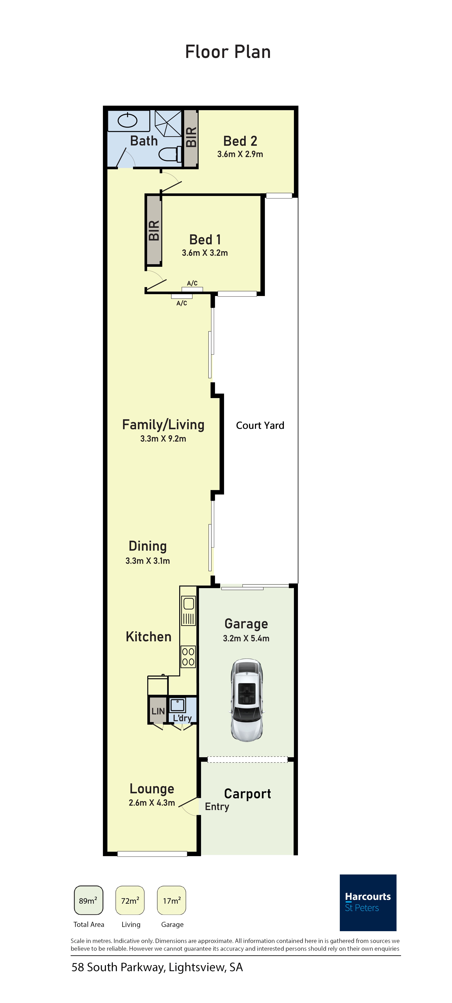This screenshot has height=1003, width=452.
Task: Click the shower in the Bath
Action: click(x=168, y=124)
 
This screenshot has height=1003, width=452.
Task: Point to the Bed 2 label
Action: click(x=240, y=141)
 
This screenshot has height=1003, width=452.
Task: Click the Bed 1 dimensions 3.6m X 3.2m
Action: click(x=205, y=253)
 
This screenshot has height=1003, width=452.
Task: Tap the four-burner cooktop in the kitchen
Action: click(x=188, y=657)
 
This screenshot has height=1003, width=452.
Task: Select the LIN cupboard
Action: click(x=158, y=711)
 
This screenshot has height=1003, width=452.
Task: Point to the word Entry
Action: click(x=217, y=807)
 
